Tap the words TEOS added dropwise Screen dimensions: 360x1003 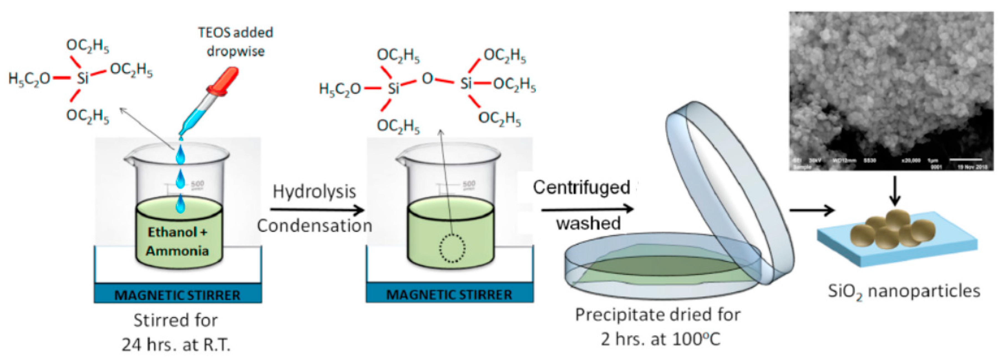(x=235, y=42)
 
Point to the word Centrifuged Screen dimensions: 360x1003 (x=582, y=188)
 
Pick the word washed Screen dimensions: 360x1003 (x=588, y=223)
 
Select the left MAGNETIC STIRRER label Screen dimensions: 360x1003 (x=178, y=295)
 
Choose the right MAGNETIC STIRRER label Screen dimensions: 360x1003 (x=449, y=295)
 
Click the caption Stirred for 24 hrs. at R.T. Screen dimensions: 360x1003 (x=176, y=332)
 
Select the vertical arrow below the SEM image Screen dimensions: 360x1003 (x=895, y=191)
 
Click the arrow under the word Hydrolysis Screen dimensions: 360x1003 (x=317, y=210)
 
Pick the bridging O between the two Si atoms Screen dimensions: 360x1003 (x=427, y=79)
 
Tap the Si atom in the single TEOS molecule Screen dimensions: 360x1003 (x=83, y=78)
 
